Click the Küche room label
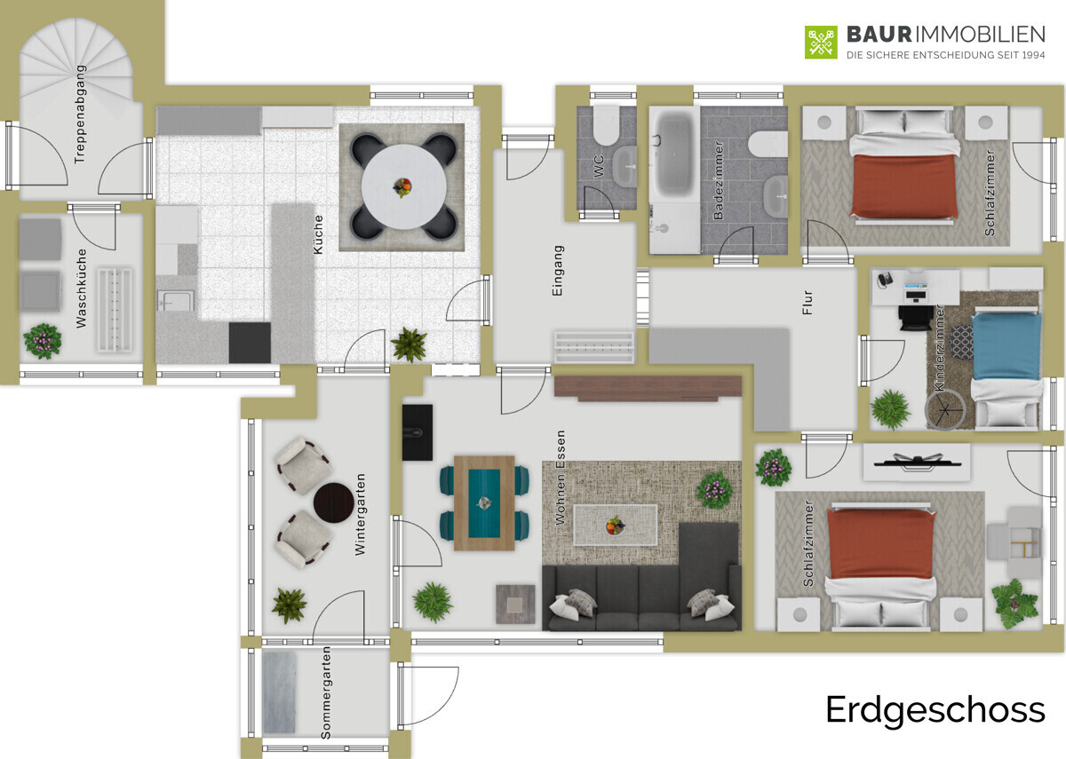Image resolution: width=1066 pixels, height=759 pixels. pos(318,234)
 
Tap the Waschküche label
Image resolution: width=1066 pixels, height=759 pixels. pos(82,289)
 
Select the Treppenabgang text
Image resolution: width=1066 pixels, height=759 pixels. pos(80,115)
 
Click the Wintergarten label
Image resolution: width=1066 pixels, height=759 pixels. pos(361,514)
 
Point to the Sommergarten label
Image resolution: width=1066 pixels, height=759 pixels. pos(326,692)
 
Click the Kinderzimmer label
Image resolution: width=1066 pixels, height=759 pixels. pos(940,348)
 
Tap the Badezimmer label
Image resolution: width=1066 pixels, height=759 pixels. pos(719,180)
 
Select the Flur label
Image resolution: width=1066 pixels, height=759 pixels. pos(807,303)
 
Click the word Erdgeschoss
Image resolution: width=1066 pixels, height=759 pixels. pos(935,711)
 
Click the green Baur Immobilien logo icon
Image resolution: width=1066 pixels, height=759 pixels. pos(821,43)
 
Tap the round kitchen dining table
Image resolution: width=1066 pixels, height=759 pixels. pos(403,187)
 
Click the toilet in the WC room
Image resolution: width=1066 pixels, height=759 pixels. pos(605,126)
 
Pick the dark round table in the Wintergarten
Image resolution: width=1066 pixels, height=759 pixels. pos(334,502)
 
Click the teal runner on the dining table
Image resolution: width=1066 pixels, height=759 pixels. pos(484,503)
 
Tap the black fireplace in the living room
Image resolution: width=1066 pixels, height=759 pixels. pos(418,432)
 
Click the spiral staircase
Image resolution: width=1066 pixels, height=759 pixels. pos(76,62)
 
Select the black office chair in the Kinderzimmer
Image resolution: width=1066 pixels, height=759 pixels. pos(916,317)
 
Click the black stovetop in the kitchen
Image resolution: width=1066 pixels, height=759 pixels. pos(250,343)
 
